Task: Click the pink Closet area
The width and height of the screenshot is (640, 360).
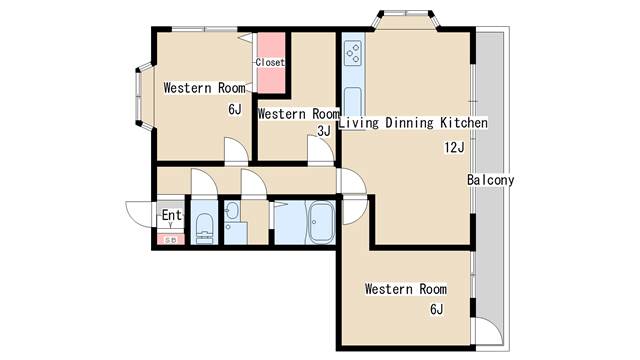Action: (271, 63)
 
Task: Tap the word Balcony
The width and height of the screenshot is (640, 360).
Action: (491, 180)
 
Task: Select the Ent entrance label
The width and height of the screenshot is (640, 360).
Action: (171, 215)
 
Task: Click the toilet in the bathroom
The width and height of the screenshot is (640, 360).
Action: (204, 229)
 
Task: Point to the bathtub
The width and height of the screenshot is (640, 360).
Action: (321, 223)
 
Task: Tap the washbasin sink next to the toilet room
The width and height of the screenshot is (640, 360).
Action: (233, 211)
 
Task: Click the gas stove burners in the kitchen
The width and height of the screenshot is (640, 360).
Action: (353, 53)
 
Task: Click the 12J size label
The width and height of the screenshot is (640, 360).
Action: (454, 147)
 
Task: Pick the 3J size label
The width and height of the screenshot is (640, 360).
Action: (324, 131)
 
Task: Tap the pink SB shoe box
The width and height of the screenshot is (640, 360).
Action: (171, 240)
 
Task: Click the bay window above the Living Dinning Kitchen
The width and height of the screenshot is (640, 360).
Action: (406, 19)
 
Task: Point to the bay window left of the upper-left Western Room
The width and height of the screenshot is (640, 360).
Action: (143, 96)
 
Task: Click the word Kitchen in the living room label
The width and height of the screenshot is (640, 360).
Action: (464, 123)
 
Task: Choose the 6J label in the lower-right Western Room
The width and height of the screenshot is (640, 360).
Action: (436, 309)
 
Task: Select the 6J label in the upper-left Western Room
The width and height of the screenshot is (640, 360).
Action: (235, 109)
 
